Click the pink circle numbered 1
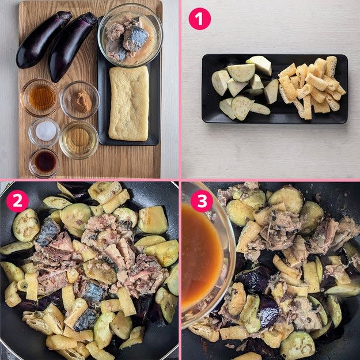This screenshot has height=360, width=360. [x=199, y=19]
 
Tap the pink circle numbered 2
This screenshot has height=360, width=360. [x=17, y=201]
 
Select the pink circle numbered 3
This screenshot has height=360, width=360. [x=202, y=201]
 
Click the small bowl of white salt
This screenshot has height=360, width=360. [x=44, y=131]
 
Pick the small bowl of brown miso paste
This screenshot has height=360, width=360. [x=79, y=100]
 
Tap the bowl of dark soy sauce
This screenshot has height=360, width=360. [x=44, y=163]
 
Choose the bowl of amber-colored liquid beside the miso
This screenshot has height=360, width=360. [x=40, y=97]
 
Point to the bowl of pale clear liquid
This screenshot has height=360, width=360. [x=79, y=140]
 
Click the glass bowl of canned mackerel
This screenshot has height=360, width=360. [x=130, y=36]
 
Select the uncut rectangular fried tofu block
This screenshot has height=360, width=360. [x=129, y=103]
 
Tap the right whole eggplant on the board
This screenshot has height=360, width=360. [x=71, y=47]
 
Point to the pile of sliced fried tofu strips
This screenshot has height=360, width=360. [x=312, y=87]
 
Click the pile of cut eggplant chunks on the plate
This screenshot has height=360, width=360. [x=241, y=87]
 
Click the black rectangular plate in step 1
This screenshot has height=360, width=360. [x=275, y=89]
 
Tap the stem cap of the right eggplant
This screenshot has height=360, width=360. [x=90, y=18]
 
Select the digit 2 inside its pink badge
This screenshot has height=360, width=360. [x=17, y=201]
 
